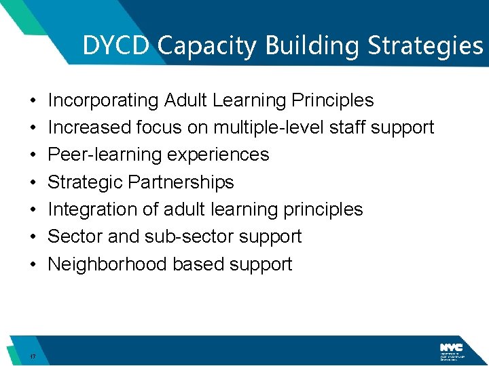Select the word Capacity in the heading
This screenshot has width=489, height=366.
click(x=209, y=46)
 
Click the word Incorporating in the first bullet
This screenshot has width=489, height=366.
click(x=103, y=100)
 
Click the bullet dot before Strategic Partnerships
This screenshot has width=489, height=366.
click(x=33, y=182)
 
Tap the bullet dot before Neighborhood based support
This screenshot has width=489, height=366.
click(x=33, y=264)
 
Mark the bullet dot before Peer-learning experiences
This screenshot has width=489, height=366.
click(x=33, y=155)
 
